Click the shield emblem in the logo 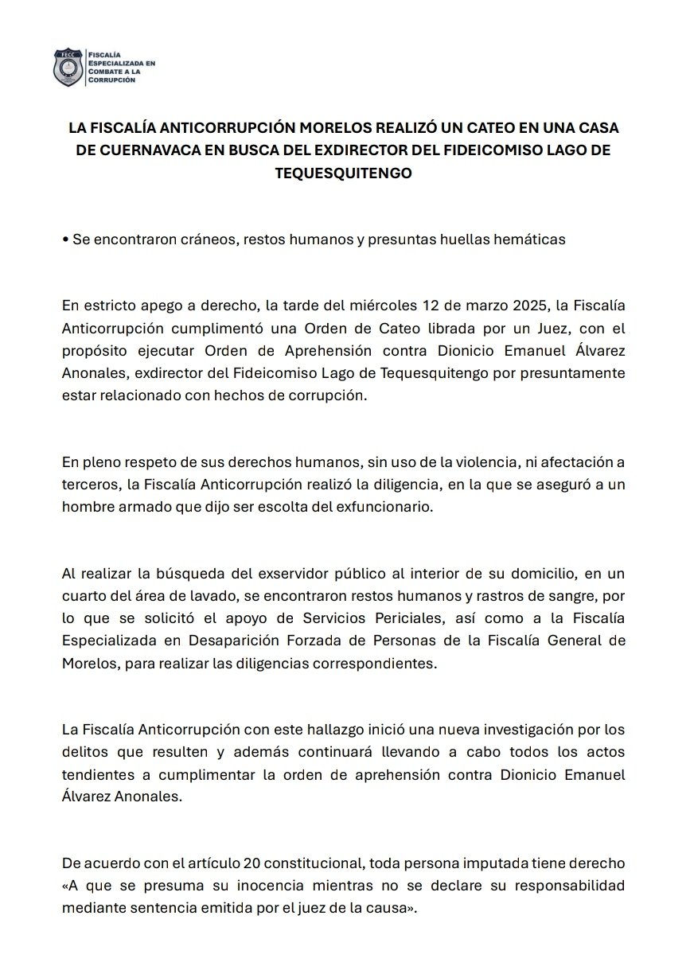[x=67, y=68]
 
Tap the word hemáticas [x=526, y=240]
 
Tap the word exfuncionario [x=385, y=507]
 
